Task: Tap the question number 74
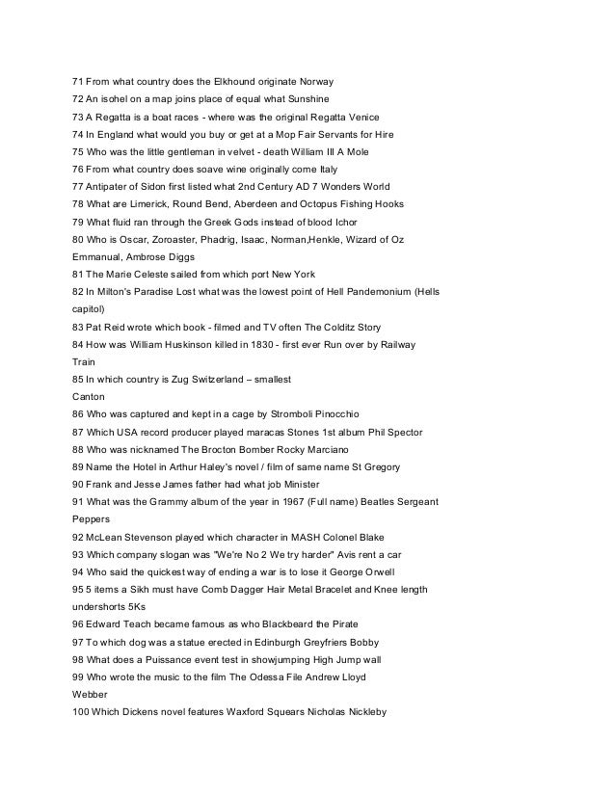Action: [x=78, y=134]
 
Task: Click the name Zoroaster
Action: [x=178, y=240]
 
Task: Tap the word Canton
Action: [x=91, y=394]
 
